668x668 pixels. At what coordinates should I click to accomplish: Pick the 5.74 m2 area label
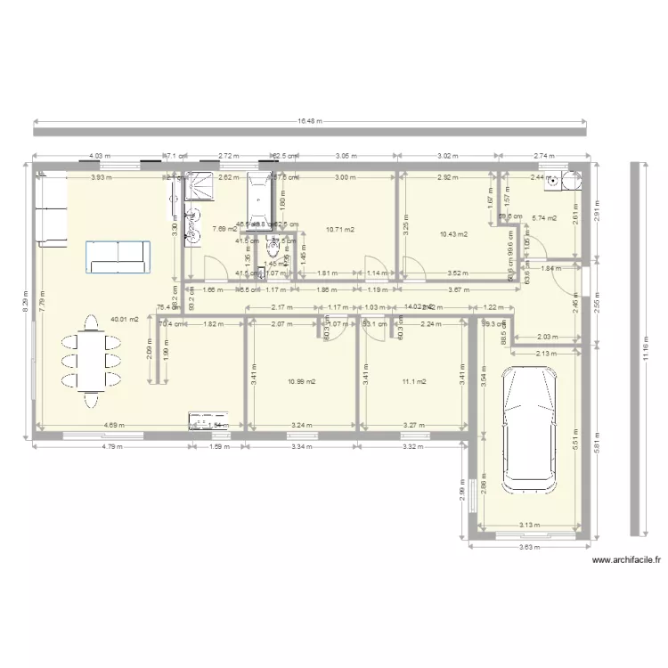(543, 218)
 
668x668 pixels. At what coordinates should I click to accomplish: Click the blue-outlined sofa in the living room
(117, 256)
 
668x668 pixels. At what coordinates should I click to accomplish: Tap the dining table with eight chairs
(89, 360)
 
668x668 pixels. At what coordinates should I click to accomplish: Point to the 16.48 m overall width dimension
(309, 120)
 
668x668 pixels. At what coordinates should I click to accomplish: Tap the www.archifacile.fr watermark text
(626, 560)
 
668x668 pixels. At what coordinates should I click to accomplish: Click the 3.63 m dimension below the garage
(531, 547)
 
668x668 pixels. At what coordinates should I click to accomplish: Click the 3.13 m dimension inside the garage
(531, 525)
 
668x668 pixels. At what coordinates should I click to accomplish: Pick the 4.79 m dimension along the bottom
(111, 446)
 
